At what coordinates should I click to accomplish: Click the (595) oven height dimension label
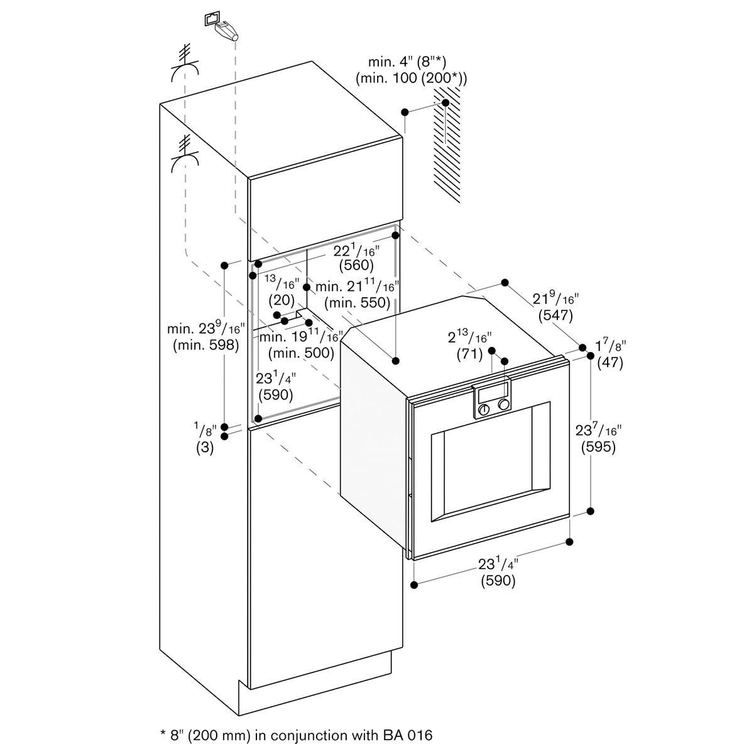point(598,447)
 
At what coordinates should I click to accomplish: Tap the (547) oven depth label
point(555,315)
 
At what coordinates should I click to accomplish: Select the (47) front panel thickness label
point(610,363)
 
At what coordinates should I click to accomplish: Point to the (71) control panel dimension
point(469,354)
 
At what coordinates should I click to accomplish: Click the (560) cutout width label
point(356,265)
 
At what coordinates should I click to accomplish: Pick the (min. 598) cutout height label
point(206,345)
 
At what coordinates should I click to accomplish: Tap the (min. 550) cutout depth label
point(358,303)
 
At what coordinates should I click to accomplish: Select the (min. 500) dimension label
point(302,353)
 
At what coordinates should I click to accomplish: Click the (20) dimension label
point(281,300)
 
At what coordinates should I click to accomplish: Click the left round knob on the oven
point(484,409)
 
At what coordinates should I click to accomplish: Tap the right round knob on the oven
point(504,405)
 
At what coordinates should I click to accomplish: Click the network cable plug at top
point(227,30)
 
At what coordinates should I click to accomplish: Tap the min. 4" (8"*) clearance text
point(407,62)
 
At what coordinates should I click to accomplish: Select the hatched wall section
point(447,145)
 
